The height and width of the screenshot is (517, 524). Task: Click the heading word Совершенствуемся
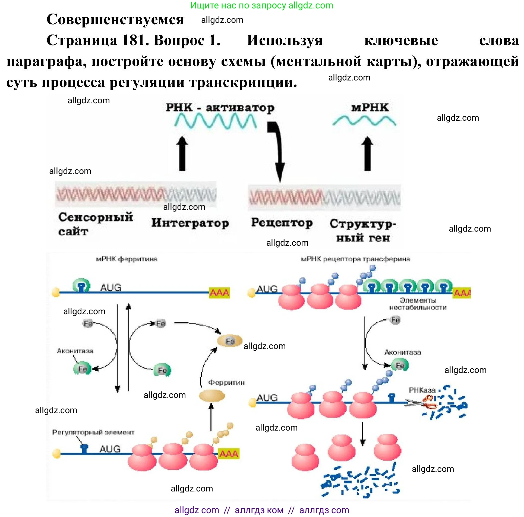115,20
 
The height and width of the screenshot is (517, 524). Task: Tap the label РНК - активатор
220,108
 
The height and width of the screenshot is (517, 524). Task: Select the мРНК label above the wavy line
370,108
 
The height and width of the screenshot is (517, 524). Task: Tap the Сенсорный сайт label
95,224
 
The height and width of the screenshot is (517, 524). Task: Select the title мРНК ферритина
127,259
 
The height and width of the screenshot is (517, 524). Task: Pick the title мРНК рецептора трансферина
355,259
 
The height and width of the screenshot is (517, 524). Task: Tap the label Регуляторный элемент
93,432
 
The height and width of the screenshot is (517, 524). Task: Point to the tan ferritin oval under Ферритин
212,396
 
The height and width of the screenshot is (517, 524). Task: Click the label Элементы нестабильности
418,304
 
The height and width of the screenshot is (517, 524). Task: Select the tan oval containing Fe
230,341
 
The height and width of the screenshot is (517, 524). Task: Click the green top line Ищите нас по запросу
262,5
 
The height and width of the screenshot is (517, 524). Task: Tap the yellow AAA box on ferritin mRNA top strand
219,293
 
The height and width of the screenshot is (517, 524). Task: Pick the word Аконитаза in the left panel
75,351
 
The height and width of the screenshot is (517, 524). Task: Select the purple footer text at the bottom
262,510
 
